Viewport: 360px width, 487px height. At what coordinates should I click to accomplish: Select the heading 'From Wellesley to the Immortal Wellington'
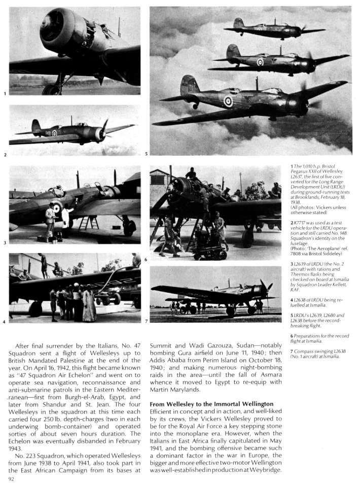[x=211, y=404]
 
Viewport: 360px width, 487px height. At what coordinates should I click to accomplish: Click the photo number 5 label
[x=146, y=154]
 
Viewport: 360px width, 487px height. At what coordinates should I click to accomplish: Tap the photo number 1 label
[x=5, y=94]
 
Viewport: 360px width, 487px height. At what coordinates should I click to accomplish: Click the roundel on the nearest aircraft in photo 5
[x=229, y=101]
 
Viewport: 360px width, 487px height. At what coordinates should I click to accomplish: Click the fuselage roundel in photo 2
[x=54, y=133]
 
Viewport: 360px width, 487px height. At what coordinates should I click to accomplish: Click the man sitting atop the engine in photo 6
[x=191, y=174]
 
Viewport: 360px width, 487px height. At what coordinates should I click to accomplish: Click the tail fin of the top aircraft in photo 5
[x=238, y=23]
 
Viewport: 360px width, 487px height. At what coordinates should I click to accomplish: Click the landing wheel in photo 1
[x=51, y=89]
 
